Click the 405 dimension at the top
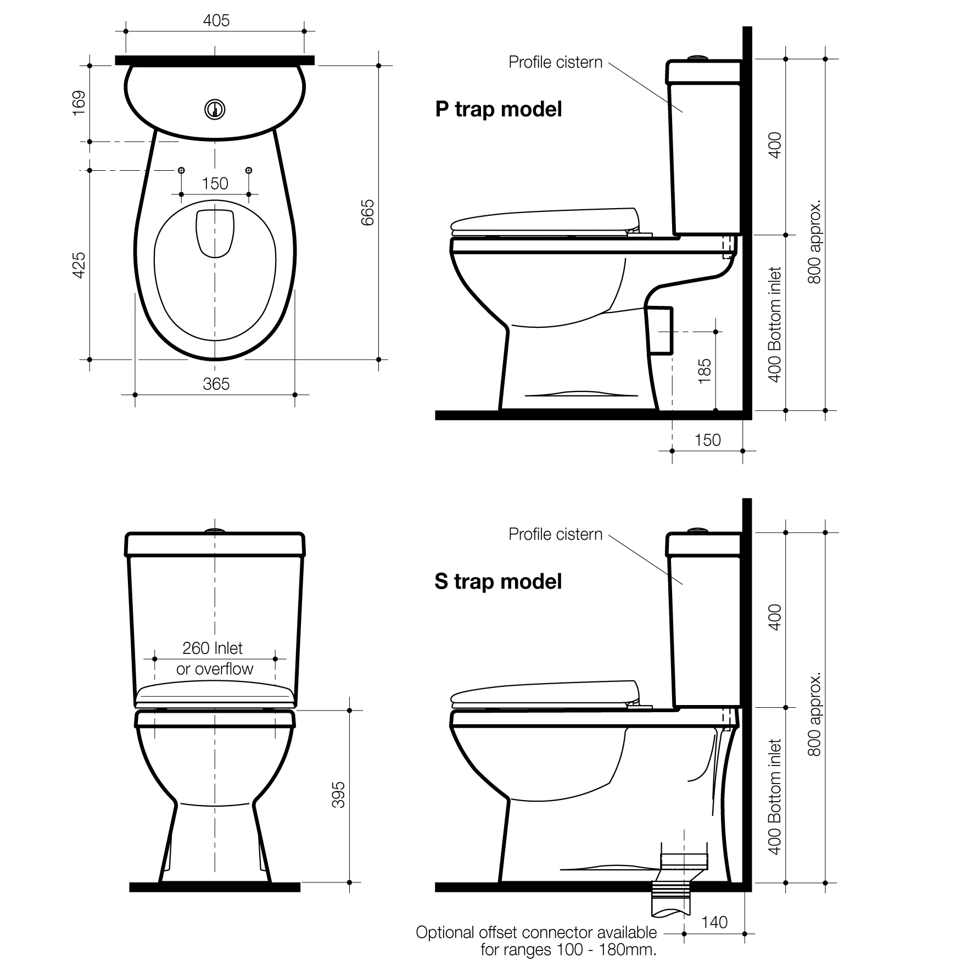(x=216, y=21)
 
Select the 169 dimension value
(x=80, y=103)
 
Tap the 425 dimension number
(x=80, y=265)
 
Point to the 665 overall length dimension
(x=367, y=212)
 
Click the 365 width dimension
(x=216, y=384)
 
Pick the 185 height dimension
(x=704, y=371)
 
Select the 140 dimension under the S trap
(x=714, y=922)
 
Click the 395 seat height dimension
(x=339, y=795)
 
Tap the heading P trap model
(x=499, y=109)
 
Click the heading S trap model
(x=499, y=581)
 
